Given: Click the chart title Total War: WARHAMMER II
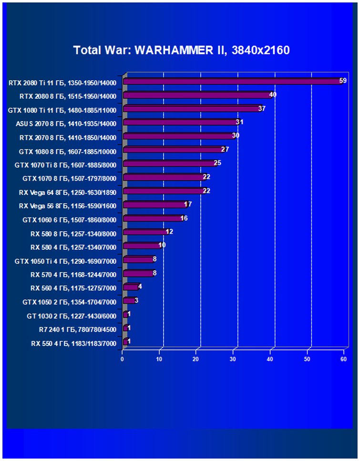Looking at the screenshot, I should point(181,50).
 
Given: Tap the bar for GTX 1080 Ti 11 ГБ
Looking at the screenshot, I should point(191,109).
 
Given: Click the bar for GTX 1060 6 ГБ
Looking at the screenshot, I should point(152,218).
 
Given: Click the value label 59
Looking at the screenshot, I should point(343,81).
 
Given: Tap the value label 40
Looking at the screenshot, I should point(273,94).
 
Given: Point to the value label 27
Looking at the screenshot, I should point(225,149).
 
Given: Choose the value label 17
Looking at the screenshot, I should point(188,204).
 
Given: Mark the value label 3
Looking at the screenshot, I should point(136,300).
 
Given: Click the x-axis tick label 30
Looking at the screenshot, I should point(233,359).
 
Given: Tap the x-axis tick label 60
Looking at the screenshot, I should point(343,359).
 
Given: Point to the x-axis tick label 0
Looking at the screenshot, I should point(123,359).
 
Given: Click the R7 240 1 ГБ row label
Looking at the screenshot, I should point(77,329).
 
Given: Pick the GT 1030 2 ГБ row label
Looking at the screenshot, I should point(72,316).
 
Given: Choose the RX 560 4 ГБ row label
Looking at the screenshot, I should point(73,288).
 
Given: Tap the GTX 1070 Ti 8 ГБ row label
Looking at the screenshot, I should point(66,164).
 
